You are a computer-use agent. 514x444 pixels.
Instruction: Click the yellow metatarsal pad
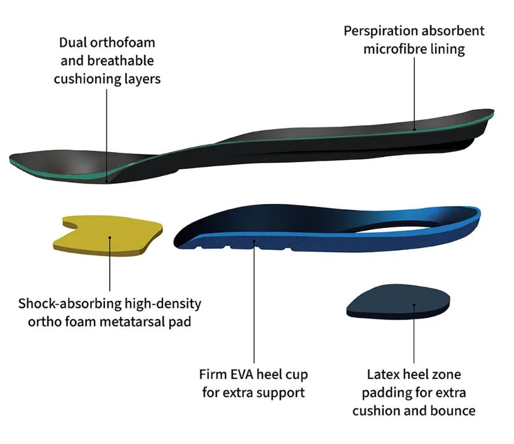108,235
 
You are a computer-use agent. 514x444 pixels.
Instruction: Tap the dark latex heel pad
398,303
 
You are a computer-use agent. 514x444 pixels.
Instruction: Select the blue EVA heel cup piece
327,229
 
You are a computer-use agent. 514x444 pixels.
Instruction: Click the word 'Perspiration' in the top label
381,31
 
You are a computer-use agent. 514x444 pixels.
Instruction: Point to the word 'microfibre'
394,49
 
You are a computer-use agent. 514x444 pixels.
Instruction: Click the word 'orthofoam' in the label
122,42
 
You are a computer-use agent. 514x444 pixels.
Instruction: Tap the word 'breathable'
120,61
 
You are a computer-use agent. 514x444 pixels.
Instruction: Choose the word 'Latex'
382,374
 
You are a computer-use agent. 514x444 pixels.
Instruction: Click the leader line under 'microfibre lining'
414,94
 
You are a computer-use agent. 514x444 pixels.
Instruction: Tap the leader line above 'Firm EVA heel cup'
254,302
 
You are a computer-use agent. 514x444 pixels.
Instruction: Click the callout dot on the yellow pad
110,238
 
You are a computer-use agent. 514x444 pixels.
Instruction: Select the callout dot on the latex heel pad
414,305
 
